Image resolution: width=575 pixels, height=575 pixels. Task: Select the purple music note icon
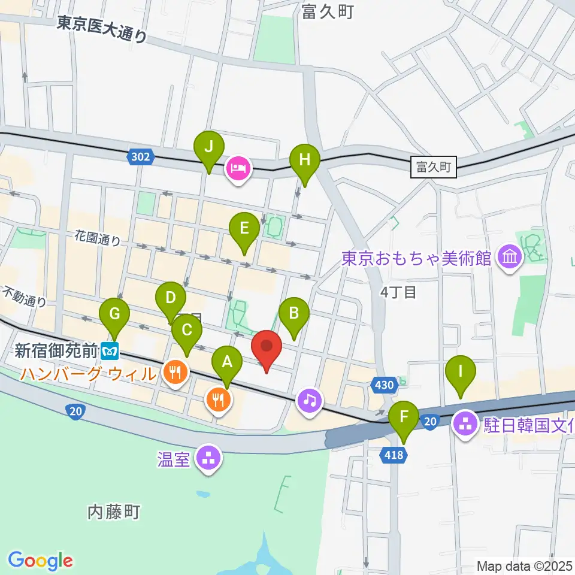tap(309, 399)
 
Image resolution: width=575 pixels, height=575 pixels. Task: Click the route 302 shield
tap(140, 158)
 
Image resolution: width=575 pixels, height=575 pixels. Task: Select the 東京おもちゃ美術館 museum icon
tap(510, 258)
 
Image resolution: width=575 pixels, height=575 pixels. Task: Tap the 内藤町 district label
tap(114, 512)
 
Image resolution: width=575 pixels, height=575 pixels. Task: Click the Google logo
tap(40, 561)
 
